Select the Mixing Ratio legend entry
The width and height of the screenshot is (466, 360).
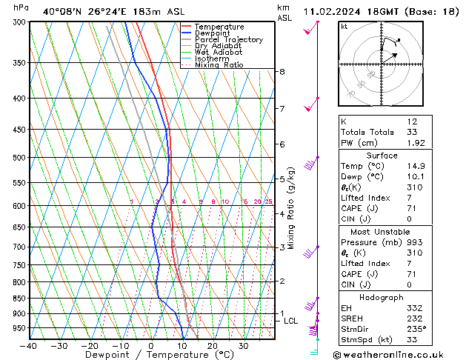(x=219, y=65)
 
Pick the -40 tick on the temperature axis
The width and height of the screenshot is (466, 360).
(x=30, y=346)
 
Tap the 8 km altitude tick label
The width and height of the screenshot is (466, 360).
(x=282, y=72)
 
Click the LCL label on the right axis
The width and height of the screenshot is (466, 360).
(x=290, y=321)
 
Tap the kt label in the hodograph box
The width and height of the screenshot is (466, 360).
(x=344, y=26)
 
